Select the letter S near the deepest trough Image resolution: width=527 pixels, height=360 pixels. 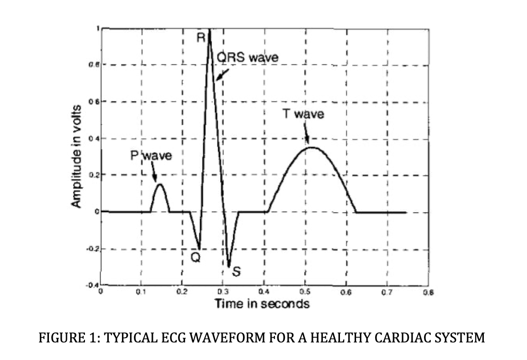[x=236, y=272]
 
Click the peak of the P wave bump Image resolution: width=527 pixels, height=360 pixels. [x=160, y=184]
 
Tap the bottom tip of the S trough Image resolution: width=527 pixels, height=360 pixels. [x=229, y=266]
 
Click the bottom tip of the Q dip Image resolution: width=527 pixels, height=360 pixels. [x=199, y=249]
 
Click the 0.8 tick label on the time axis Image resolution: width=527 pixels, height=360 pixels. [x=430, y=293]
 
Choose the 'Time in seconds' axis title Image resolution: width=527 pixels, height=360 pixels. [x=262, y=303]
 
